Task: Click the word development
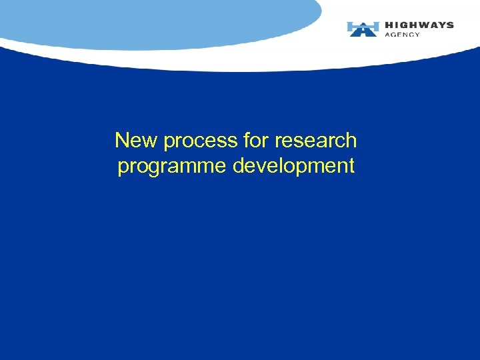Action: [293, 166]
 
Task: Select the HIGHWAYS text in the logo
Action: [419, 25]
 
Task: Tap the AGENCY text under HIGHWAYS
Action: [403, 35]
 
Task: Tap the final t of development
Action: [351, 166]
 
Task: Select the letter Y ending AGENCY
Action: [417, 35]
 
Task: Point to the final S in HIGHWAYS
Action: [450, 25]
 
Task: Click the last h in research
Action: [351, 141]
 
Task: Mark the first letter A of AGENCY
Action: [388, 35]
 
